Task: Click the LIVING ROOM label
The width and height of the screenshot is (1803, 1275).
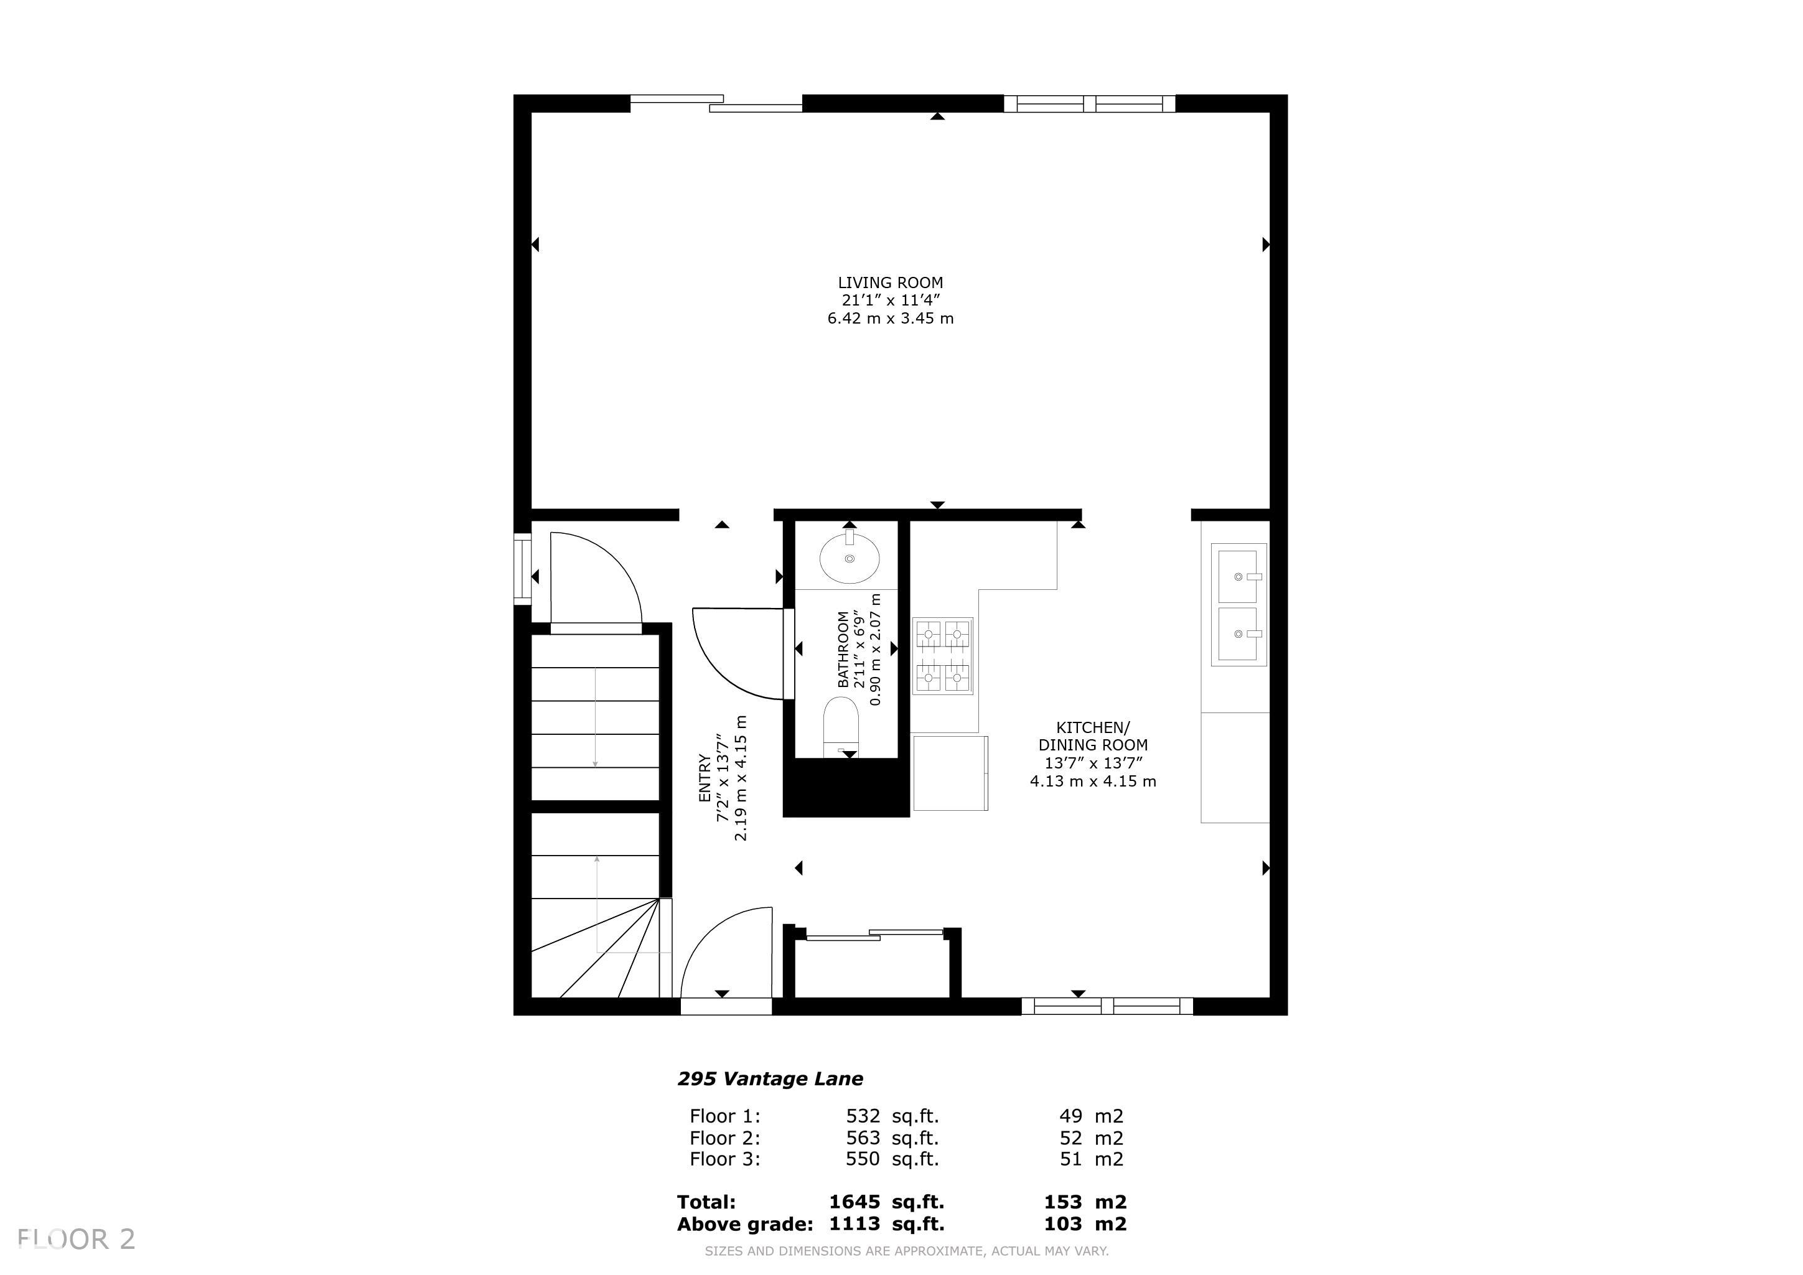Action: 891,283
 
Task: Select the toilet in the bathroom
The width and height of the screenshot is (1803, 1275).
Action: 840,727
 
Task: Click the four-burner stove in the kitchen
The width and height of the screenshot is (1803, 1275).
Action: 942,656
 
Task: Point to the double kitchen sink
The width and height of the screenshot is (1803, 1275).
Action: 1239,605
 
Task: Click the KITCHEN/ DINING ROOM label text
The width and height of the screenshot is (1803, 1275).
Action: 1093,736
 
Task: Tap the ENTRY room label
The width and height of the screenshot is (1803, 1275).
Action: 705,777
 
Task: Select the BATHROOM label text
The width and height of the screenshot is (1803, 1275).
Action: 843,649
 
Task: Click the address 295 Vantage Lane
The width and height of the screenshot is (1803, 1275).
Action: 770,1079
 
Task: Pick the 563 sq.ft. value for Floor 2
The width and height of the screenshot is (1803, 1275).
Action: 892,1137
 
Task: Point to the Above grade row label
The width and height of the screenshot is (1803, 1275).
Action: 744,1224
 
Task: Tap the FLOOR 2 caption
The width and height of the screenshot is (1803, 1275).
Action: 76,1240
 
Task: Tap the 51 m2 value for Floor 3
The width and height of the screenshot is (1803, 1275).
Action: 1092,1159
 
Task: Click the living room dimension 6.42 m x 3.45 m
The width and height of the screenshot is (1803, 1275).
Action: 891,318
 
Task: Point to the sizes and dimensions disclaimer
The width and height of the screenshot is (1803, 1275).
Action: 906,1251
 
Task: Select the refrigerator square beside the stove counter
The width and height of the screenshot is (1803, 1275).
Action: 950,773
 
